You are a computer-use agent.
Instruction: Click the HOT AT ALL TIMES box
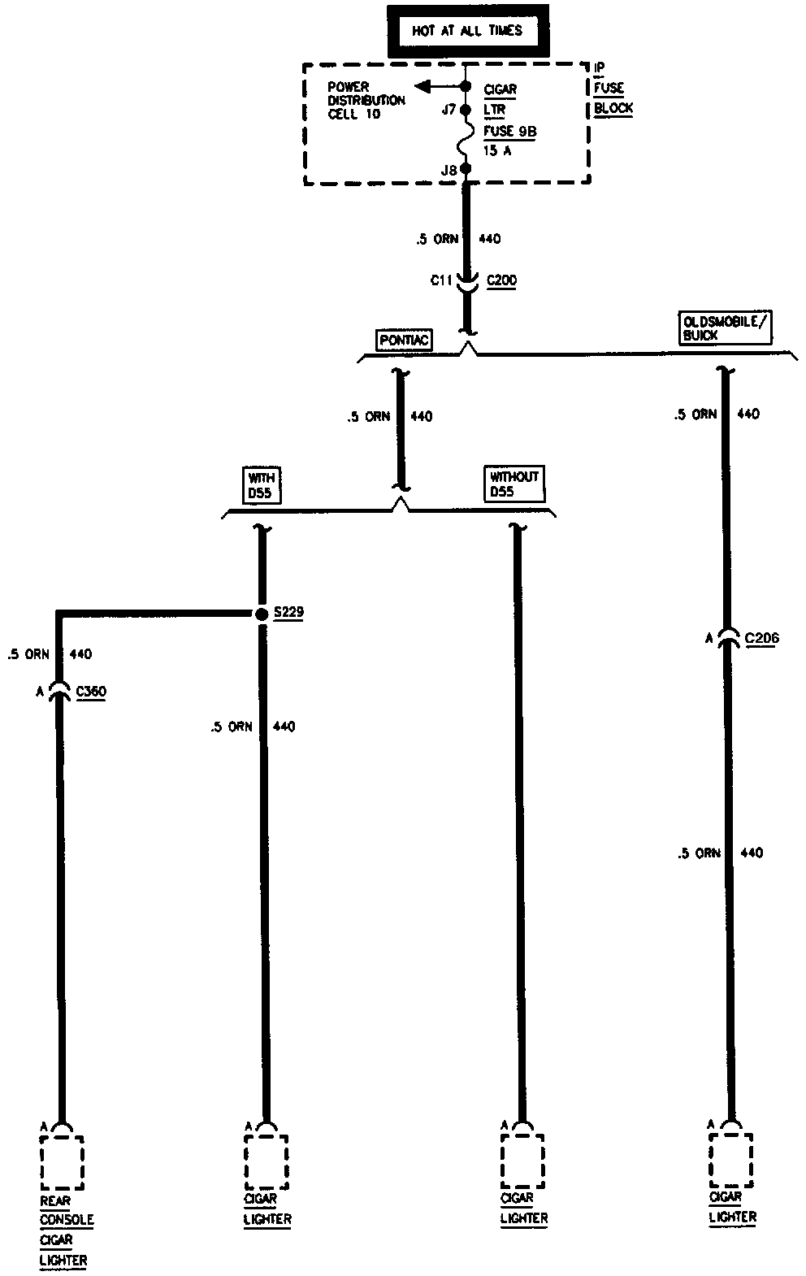[x=466, y=32]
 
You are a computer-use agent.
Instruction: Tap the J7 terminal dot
[x=466, y=109]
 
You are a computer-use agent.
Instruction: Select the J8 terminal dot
[x=466, y=169]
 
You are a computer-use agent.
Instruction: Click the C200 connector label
[x=501, y=281]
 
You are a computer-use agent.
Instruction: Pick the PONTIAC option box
[x=403, y=340]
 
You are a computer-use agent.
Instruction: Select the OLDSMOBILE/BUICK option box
[x=723, y=327]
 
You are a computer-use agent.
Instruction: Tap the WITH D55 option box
[x=262, y=485]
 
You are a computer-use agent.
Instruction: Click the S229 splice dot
[x=262, y=614]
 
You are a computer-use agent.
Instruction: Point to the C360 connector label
[x=90, y=692]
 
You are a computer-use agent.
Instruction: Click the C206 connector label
[x=760, y=639]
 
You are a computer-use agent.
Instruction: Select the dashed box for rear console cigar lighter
[x=62, y=1163]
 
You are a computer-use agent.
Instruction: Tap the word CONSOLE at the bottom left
[x=67, y=1220]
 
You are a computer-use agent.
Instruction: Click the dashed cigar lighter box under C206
[x=730, y=1159]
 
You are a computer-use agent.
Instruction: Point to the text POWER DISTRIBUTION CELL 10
[x=366, y=100]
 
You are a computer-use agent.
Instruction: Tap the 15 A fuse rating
[x=496, y=150]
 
